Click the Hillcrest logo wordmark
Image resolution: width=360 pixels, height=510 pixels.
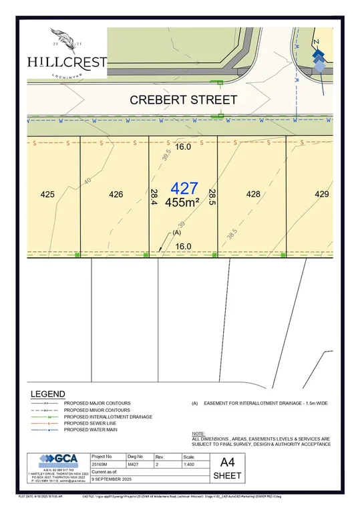coord(67,62)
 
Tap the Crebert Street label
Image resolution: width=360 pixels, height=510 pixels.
coord(183,100)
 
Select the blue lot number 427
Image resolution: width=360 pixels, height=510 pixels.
coord(184,188)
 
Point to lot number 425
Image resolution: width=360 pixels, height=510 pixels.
coord(47,195)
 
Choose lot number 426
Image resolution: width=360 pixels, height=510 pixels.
coord(116,195)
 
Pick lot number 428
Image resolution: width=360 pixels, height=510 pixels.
coord(252,195)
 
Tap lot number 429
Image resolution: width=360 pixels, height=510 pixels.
coord(323,195)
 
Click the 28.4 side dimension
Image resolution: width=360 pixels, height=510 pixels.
coord(154,197)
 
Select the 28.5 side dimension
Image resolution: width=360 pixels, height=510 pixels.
coord(212,197)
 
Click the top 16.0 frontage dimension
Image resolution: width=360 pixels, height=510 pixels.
coord(183,147)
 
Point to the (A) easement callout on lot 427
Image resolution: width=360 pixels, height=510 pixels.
coord(177,233)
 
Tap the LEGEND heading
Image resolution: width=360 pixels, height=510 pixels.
coord(48,394)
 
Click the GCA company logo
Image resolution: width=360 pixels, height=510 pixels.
coord(57,459)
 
